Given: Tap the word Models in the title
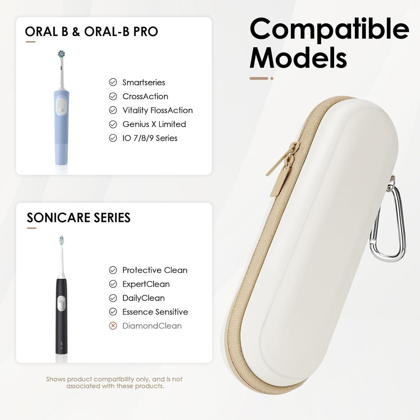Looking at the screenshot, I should point(298,58).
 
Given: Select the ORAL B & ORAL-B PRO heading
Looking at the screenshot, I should point(91,32).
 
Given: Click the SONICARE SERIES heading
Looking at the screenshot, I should point(78,217).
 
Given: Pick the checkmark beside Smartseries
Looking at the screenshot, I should point(113,82).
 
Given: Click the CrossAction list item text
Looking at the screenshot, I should point(145,96).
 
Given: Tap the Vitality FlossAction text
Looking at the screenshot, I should point(157,110).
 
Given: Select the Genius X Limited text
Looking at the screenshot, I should point(154,124).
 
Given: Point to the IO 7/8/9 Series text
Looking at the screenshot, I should point(150,138).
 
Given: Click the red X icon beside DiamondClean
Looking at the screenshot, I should point(113,326).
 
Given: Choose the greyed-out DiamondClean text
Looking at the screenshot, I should point(152,326).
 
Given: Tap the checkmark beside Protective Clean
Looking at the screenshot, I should point(113,270).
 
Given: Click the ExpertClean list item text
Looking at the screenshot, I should point(146,284).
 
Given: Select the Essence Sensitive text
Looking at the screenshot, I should point(155,312).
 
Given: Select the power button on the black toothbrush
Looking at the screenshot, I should point(61,304).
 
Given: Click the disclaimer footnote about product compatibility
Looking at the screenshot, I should point(114,383).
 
